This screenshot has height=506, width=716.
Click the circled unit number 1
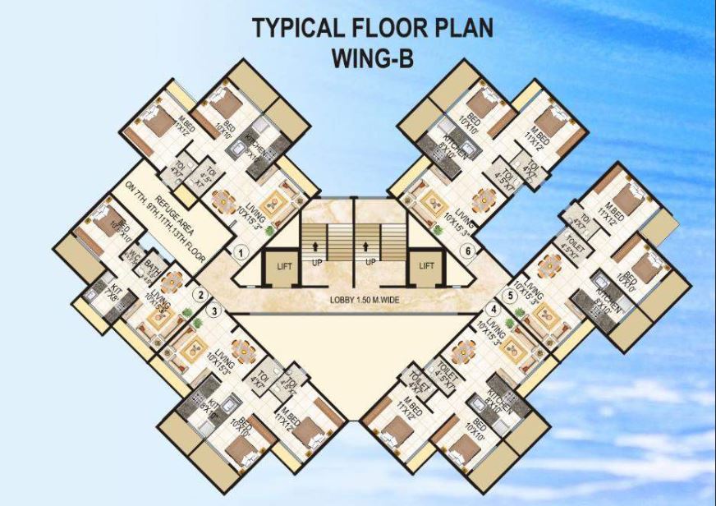[241, 253]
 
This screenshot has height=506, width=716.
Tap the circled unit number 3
[213, 310]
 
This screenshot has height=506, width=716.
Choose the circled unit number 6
[467, 252]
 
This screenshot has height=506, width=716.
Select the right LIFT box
[426, 266]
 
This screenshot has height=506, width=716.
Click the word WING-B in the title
[373, 60]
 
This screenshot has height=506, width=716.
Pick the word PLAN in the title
[463, 29]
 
